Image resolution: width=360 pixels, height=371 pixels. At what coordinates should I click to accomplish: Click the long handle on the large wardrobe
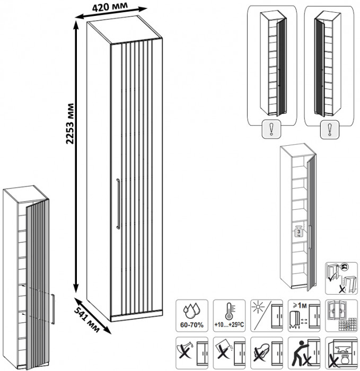pos(118,204)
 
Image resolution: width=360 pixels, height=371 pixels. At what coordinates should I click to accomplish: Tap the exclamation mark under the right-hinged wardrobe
pos(330,129)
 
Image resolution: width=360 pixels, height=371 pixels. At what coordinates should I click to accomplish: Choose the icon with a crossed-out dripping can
pos(191,351)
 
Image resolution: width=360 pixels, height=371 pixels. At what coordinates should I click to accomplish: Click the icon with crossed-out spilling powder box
pos(229,351)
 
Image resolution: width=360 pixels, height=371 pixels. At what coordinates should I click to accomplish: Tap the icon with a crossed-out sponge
pos(265,351)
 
